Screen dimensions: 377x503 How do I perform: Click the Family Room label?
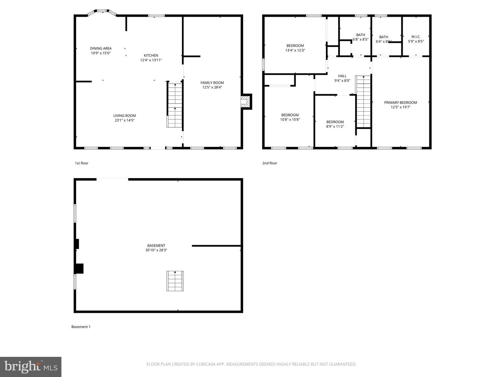click(x=212, y=83)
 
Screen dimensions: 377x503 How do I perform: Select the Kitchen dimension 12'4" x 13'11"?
click(x=151, y=60)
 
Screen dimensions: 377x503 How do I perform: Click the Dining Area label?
click(x=101, y=49)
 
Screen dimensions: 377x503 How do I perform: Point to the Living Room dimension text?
click(x=124, y=120)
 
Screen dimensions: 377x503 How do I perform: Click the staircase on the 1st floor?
click(x=175, y=105)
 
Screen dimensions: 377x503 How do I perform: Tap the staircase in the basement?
click(x=175, y=281)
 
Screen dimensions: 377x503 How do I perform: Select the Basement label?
click(x=156, y=245)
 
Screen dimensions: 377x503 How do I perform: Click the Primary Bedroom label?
click(x=400, y=103)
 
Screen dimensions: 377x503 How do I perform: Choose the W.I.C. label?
click(x=416, y=37)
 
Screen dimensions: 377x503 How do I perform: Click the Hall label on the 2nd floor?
click(x=342, y=76)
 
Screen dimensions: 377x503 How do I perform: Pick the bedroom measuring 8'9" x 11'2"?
click(x=335, y=124)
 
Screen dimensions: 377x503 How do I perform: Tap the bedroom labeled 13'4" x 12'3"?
click(x=295, y=48)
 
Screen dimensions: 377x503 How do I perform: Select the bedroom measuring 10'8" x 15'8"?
click(x=290, y=117)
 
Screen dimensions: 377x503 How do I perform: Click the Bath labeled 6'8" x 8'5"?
click(x=360, y=37)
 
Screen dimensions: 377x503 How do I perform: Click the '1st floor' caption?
click(x=81, y=163)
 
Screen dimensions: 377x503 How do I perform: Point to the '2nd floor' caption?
click(x=270, y=163)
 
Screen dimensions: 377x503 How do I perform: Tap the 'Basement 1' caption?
click(x=81, y=327)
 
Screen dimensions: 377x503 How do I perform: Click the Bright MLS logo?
click(x=31, y=367)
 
